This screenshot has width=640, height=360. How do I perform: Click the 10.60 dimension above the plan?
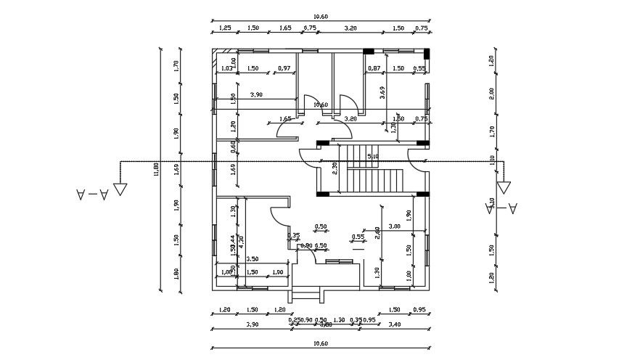coord(319,16)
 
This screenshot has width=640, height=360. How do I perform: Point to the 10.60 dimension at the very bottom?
coord(319,344)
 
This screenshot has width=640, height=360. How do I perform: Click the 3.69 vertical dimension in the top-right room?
coord(382,92)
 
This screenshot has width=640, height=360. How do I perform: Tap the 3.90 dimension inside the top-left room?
coord(256,95)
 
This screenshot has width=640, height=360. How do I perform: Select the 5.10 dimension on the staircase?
coord(373,155)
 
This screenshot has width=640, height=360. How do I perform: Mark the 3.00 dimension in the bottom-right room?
coord(395,227)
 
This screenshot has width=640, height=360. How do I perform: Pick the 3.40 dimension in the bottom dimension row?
coord(395,325)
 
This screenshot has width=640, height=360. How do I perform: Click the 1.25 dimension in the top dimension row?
coord(225,28)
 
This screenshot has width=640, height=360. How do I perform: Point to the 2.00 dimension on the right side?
coord(491,92)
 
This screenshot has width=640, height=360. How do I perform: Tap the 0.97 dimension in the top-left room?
coord(284,68)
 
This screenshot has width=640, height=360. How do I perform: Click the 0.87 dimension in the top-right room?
coord(374,68)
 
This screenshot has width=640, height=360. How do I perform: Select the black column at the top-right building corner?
coord(427,53)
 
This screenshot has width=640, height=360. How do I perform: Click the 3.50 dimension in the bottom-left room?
coord(253,259)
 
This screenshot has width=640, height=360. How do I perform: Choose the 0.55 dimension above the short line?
coord(358,237)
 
